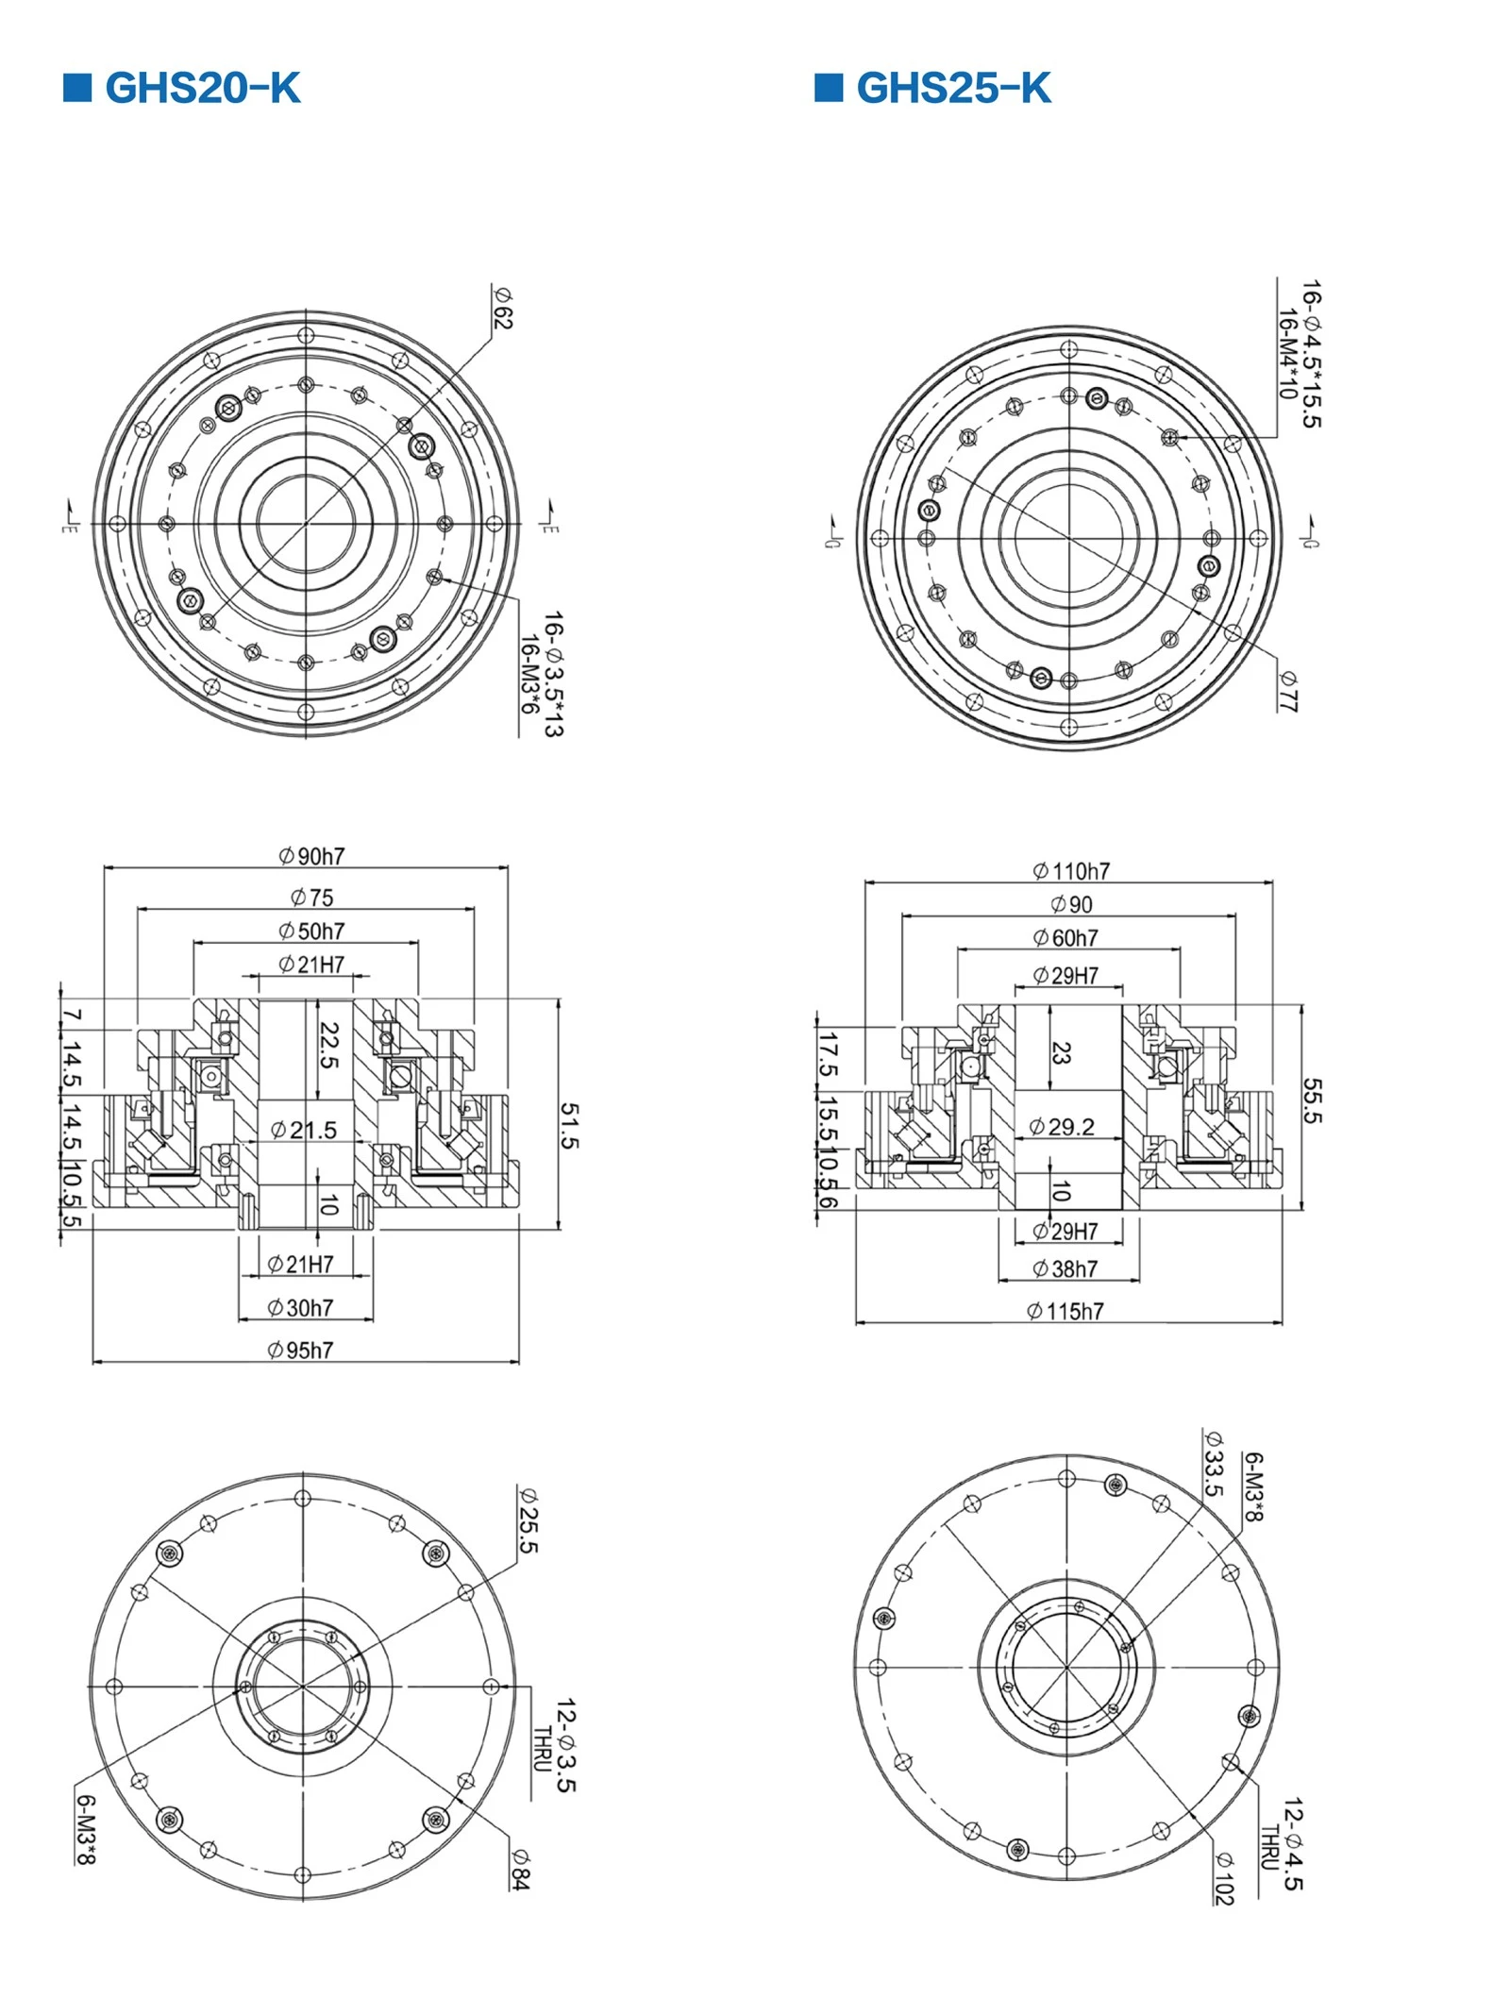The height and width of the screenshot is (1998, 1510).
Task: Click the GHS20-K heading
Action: coord(203,88)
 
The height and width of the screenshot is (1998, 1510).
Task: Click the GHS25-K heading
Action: coord(954,88)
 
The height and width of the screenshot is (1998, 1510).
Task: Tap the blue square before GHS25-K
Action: coord(829,87)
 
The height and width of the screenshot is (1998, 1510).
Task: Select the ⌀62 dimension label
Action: coord(502,308)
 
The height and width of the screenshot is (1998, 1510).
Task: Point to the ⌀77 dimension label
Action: coord(1289,692)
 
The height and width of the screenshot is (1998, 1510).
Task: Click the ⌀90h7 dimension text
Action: coord(311,856)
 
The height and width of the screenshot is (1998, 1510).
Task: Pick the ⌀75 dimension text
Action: coord(311,897)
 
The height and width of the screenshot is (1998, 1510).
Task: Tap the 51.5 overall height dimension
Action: coord(570,1126)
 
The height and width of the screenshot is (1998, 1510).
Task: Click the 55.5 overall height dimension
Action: coord(1313,1101)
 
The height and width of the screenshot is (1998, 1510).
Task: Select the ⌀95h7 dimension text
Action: coord(300,1351)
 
